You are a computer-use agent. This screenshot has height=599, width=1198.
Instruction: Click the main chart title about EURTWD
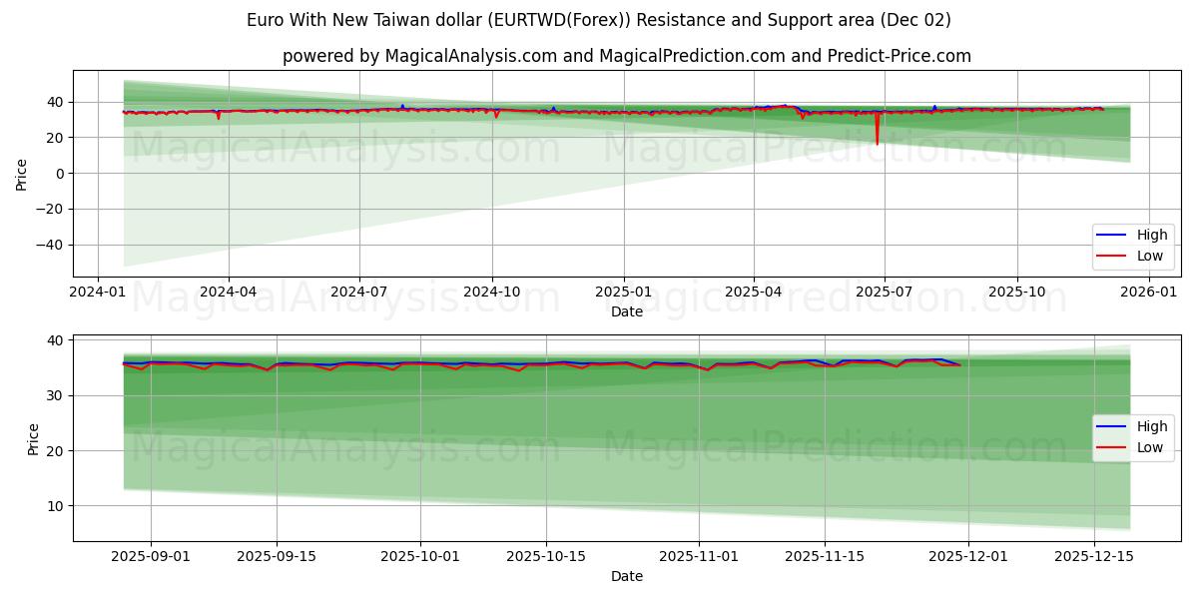click(x=599, y=20)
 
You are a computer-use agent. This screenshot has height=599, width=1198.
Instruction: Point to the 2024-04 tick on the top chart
click(x=229, y=293)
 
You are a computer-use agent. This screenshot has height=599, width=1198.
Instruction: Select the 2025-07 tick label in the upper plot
click(x=885, y=293)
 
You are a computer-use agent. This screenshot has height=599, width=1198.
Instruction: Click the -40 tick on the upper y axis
click(x=50, y=246)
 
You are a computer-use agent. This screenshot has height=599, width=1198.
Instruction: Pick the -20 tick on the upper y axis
click(x=50, y=210)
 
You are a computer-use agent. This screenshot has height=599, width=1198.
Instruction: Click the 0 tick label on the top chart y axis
click(x=60, y=174)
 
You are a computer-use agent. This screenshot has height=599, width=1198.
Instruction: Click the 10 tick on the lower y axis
click(x=55, y=506)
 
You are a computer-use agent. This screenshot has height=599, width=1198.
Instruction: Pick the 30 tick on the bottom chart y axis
click(x=55, y=396)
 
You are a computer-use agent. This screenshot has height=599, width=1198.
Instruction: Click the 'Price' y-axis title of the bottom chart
click(x=33, y=438)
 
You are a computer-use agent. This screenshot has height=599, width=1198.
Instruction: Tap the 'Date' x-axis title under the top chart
click(x=627, y=311)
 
